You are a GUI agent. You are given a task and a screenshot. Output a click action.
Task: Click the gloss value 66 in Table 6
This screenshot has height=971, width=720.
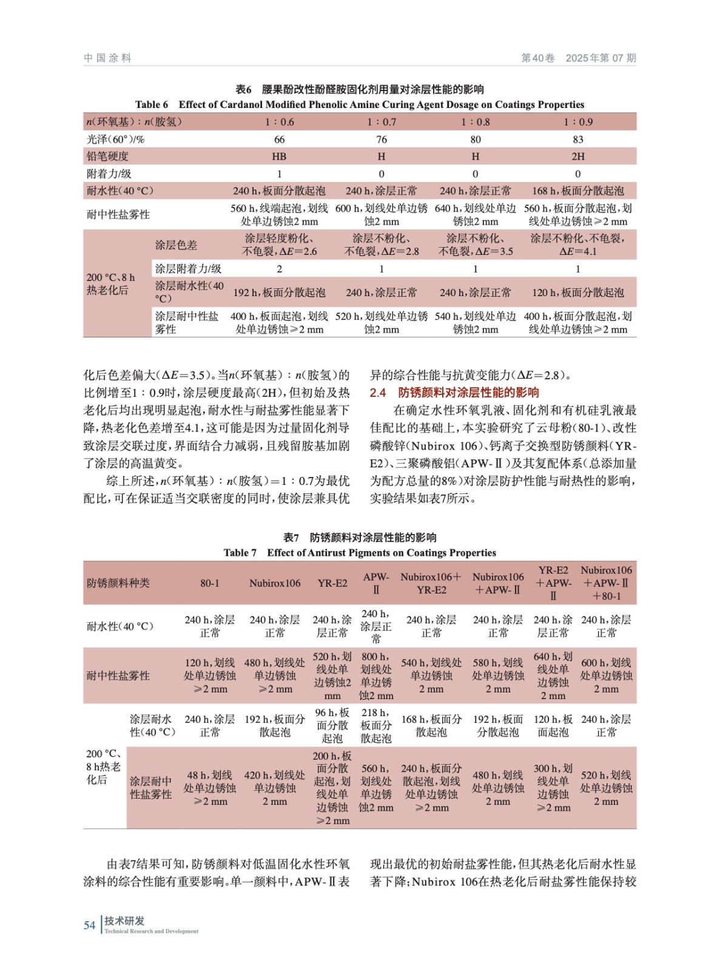(x=279, y=140)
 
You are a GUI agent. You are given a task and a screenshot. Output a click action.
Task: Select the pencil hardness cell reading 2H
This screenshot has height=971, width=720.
(x=577, y=157)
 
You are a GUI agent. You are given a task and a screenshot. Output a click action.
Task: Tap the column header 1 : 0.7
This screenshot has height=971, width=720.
(x=382, y=122)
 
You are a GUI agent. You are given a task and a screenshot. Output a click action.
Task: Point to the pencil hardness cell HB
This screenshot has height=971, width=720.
(x=279, y=157)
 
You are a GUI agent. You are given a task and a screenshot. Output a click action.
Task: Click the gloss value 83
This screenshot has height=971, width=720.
(x=577, y=140)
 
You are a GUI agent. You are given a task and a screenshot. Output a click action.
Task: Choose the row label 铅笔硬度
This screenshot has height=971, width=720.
(x=108, y=157)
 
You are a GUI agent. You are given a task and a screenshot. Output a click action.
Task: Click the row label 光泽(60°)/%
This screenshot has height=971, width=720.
(x=116, y=140)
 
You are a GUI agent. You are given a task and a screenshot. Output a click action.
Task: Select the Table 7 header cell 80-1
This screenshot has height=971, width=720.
(x=210, y=583)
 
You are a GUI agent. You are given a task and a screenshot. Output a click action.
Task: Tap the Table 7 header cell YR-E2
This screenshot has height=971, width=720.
(x=332, y=583)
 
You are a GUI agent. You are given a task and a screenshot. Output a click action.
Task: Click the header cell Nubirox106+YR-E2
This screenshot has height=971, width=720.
(x=431, y=583)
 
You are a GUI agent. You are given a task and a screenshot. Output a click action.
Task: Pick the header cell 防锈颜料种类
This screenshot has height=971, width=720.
(x=118, y=583)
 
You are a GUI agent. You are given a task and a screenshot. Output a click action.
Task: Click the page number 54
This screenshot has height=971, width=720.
(x=89, y=925)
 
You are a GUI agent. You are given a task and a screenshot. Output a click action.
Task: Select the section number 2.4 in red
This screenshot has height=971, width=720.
(x=377, y=393)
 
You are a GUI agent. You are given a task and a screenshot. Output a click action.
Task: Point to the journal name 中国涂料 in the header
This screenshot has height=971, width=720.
(x=107, y=58)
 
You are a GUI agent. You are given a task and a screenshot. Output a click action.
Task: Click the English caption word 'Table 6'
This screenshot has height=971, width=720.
(x=152, y=104)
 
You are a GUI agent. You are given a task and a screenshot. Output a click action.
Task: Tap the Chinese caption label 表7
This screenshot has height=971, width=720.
(x=291, y=537)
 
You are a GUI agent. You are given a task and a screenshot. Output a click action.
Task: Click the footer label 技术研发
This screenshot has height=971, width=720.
(x=124, y=921)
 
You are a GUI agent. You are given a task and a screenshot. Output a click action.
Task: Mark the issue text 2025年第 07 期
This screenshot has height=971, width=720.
(x=601, y=58)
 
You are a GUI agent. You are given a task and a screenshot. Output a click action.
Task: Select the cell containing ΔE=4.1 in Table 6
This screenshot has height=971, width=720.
(x=577, y=245)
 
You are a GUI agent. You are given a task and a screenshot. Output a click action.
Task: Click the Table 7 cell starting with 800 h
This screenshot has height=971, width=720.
(x=376, y=676)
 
